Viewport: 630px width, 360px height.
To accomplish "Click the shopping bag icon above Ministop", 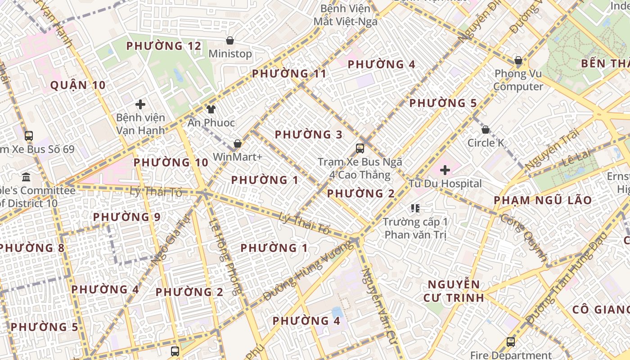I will pos(230,40).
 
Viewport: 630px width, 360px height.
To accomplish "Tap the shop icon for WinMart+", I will pos(237,144).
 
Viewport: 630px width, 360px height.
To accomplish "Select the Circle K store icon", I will pos(486,130).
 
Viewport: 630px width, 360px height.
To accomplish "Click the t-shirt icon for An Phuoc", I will pos(211,109).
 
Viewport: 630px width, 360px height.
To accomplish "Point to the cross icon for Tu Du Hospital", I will pos(445,170).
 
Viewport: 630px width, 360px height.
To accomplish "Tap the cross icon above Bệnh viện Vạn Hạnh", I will pos(140,104).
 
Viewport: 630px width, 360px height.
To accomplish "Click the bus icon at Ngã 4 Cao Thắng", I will pos(360,148).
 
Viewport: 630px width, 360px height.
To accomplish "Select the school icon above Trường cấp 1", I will pos(415,208).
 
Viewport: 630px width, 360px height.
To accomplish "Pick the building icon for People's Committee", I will pos(26,177).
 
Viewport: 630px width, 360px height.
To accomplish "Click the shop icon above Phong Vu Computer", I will pos(518,60).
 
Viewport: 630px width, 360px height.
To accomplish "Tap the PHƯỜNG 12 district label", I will pos(163,46).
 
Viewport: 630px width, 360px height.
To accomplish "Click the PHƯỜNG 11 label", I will pos(289,73).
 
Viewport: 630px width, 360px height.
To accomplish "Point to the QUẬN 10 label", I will pos(78,85).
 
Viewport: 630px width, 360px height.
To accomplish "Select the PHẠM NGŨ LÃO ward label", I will pos(543,200).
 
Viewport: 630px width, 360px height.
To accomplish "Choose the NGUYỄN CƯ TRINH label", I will pos(454,291).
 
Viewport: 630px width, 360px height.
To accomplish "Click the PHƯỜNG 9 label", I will pos(126,217).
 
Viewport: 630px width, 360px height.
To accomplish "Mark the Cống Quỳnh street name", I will pos(524,238).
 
